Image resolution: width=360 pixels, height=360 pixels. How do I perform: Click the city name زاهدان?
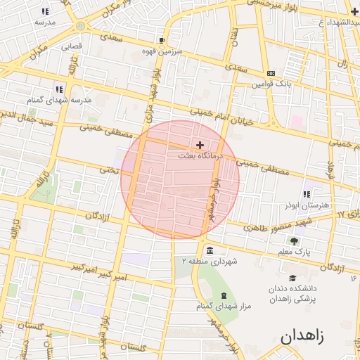tap(302, 335)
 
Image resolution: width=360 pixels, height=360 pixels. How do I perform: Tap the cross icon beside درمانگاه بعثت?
tap(200, 144)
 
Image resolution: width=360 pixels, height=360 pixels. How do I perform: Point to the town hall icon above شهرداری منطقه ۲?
tap(210, 250)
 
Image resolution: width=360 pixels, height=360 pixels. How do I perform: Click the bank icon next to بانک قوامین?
tap(271, 74)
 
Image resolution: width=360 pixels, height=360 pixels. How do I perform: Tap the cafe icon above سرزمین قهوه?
tap(162, 41)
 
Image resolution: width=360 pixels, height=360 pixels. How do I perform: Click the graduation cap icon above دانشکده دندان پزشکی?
tap(292, 278)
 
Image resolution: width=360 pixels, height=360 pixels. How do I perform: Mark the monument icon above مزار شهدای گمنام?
tap(224, 295)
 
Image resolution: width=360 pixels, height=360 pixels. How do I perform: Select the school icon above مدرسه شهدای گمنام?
tap(59, 89)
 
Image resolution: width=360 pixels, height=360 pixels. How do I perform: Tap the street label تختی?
tap(107, 169)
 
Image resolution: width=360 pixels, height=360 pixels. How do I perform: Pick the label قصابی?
tap(71, 47)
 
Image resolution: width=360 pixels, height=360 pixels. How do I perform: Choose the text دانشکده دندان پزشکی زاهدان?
tap(293, 294)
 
